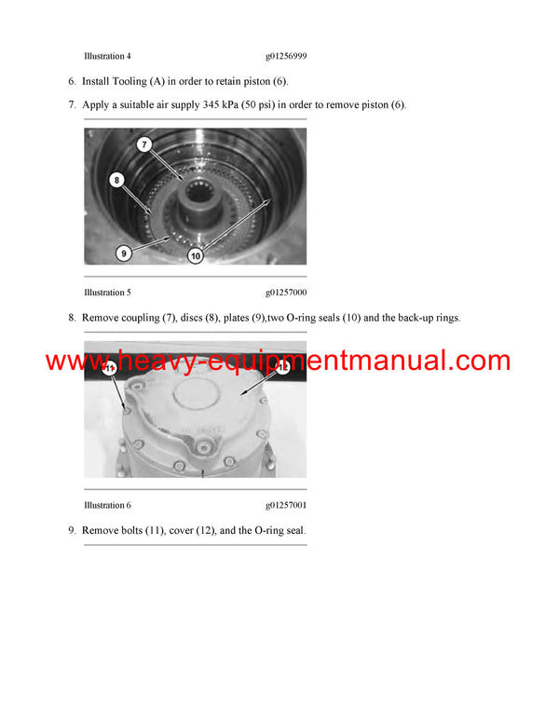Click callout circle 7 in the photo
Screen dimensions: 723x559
[x=143, y=144]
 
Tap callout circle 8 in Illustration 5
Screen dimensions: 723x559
[x=116, y=179]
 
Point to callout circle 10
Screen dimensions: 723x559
[x=196, y=254]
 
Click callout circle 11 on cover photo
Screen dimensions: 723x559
[x=109, y=369]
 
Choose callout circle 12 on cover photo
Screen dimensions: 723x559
[x=283, y=369]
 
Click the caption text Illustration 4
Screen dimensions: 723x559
[x=107, y=56]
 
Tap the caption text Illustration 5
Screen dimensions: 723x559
[x=107, y=292]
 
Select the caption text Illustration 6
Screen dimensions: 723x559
[x=107, y=505]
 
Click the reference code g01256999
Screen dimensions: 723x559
[x=286, y=56]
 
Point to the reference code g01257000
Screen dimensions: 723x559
[x=286, y=292]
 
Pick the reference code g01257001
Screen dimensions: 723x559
[x=286, y=505]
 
